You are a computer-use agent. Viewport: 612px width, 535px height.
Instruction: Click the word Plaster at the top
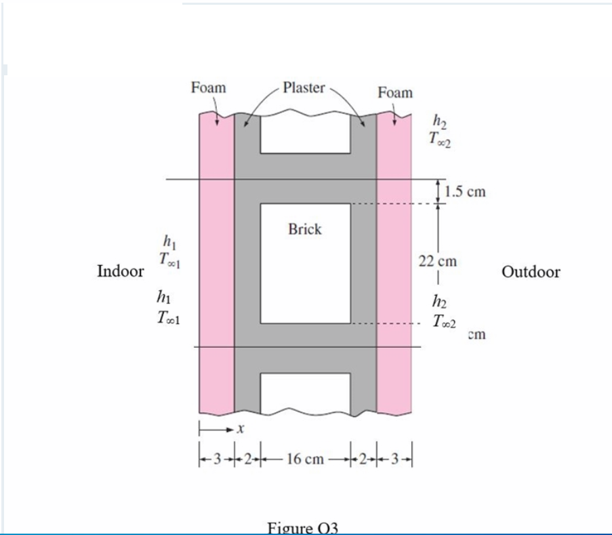click(304, 87)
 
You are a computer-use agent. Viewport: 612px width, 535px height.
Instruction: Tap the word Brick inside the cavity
click(305, 229)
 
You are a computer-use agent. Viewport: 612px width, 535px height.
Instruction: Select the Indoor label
click(121, 272)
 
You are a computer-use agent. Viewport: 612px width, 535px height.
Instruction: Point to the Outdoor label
click(531, 272)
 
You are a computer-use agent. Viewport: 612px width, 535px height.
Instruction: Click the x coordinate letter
click(240, 429)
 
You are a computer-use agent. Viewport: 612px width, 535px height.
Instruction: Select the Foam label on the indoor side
click(208, 87)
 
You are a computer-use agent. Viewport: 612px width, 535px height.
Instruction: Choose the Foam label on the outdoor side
click(394, 92)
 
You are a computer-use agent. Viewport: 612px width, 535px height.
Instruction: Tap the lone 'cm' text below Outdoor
click(477, 334)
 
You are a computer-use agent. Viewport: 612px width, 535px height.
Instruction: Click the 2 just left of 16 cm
click(247, 459)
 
